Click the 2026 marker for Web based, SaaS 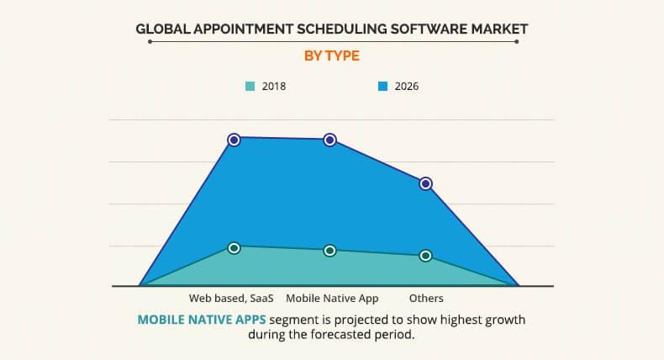(235, 140)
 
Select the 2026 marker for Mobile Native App (330, 140)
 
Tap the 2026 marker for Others (426, 183)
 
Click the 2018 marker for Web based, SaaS (235, 248)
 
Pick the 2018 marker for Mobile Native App (330, 251)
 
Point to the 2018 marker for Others (426, 256)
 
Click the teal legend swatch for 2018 (250, 86)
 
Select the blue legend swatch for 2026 (382, 86)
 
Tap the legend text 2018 (274, 86)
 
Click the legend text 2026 (407, 86)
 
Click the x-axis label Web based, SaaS (231, 298)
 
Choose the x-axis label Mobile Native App (332, 298)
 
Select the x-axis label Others (426, 298)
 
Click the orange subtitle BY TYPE (331, 56)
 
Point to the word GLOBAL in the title (165, 29)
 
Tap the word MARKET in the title (500, 29)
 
